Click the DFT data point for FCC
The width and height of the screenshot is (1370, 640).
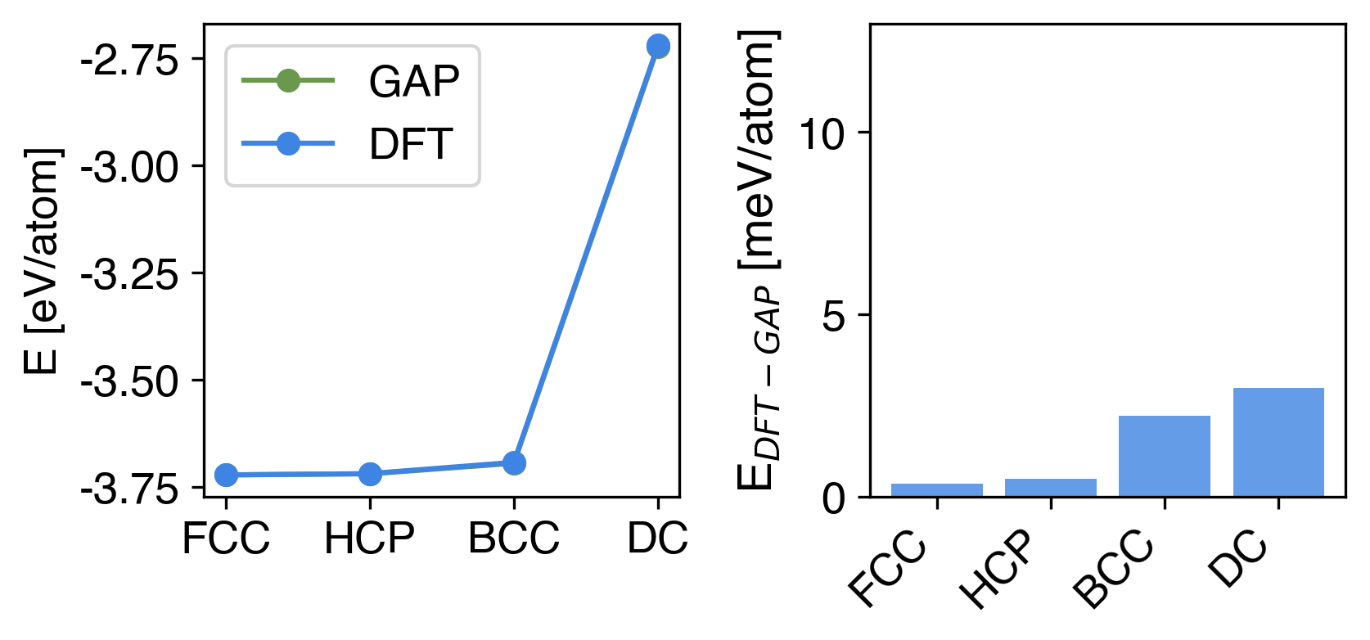(226, 475)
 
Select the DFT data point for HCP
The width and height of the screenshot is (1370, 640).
(370, 473)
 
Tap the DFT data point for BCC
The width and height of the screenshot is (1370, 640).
(514, 463)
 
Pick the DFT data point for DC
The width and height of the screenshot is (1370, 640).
(658, 47)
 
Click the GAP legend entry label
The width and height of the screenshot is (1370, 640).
(413, 81)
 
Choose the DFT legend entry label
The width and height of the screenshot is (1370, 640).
(410, 144)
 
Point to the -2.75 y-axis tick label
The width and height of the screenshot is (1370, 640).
(129, 60)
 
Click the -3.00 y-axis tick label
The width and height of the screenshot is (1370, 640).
(129, 167)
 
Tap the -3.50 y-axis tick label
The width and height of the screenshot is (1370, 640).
(129, 381)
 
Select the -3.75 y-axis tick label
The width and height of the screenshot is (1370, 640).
(129, 489)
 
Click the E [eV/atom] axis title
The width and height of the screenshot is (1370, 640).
(43, 261)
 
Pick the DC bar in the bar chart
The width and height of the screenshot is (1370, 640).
(1278, 442)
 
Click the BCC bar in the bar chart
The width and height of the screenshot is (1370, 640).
(1165, 456)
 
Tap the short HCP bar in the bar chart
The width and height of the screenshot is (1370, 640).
(1051, 488)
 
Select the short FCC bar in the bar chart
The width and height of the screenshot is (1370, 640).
(937, 489)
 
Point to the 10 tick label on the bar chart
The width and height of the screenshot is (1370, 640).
(821, 133)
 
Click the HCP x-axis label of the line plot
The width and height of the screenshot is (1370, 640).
(370, 539)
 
